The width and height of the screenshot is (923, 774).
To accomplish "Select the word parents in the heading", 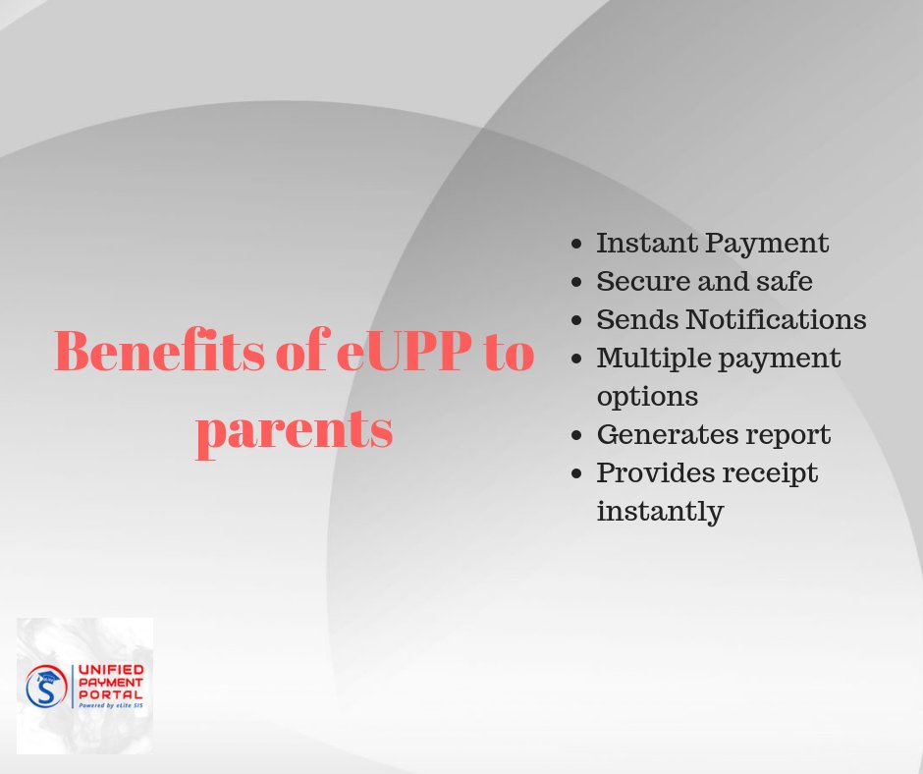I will coord(295,429).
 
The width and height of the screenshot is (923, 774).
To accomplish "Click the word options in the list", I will coord(647,397).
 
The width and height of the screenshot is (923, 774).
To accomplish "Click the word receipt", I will coord(772,473).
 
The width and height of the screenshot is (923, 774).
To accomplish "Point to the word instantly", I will coord(660,512).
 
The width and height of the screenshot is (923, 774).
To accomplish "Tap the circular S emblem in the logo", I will coord(46,686).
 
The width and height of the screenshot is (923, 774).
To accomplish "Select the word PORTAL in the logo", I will coord(110,693).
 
